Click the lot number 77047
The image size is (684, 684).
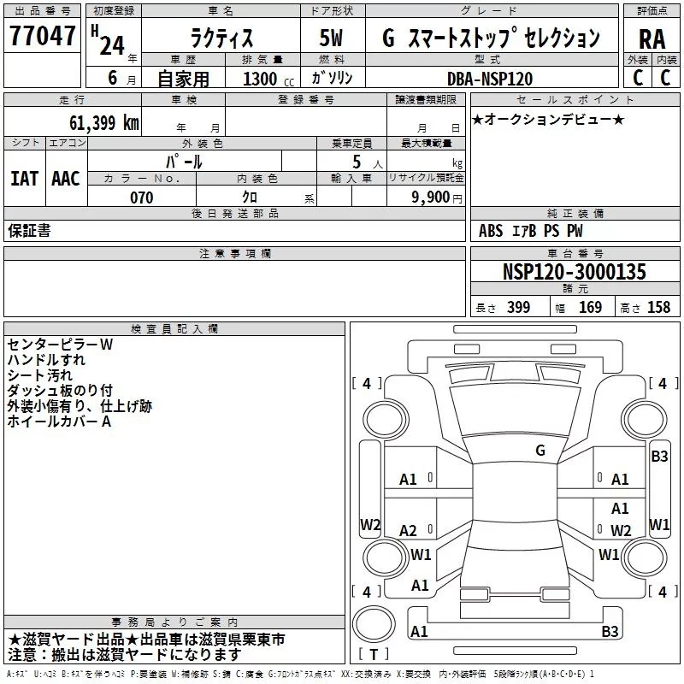[x=42, y=36]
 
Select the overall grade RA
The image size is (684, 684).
[x=652, y=39]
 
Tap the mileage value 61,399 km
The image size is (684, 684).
[x=103, y=123]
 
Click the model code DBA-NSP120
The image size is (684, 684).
[x=490, y=79]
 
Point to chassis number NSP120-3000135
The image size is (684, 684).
[x=574, y=271]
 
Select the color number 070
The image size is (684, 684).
[x=141, y=198]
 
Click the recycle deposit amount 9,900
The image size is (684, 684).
[x=431, y=198]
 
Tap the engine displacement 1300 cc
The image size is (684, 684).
[x=268, y=79]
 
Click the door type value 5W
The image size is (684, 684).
[x=331, y=38]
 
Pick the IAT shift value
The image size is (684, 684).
[x=24, y=179]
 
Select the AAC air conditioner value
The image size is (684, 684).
[x=66, y=179]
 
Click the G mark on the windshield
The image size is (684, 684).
[x=540, y=451]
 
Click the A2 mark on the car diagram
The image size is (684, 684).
[x=408, y=530]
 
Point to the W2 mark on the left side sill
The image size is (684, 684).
[x=370, y=525]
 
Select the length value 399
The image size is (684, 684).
[x=518, y=307]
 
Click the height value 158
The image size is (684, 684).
[x=658, y=307]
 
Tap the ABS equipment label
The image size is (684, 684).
[x=491, y=231]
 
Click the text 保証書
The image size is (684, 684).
[x=29, y=231]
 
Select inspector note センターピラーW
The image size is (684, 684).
[x=60, y=345]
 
